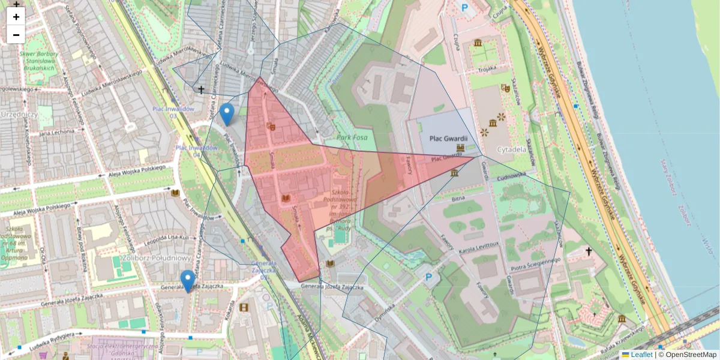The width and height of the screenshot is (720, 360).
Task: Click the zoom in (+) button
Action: click(16, 17)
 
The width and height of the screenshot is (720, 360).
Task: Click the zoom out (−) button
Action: click(16, 35)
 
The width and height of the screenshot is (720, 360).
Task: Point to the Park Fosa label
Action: click(352, 137)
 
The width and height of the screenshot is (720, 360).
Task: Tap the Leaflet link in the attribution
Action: click(641, 355)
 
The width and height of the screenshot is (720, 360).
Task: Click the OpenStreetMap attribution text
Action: click(690, 355)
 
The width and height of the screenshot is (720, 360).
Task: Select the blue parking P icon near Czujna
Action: click(464, 8)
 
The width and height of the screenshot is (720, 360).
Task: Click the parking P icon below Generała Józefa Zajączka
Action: click(428, 277)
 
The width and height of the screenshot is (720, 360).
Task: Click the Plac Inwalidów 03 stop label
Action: click(173, 112)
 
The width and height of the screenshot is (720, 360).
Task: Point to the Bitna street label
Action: click(458, 197)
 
